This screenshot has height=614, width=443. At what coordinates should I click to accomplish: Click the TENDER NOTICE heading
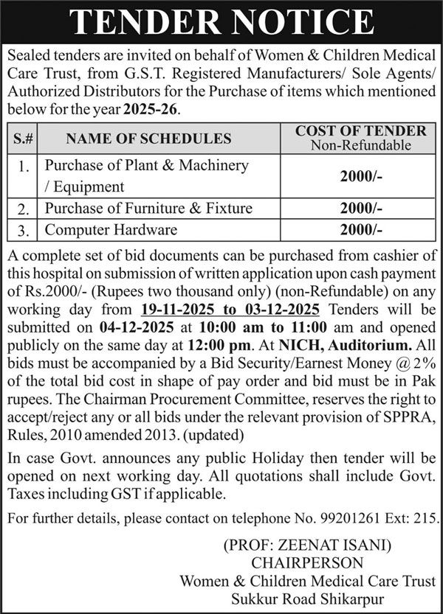[x=221, y=22]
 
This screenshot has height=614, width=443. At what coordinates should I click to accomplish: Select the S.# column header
[x=22, y=138]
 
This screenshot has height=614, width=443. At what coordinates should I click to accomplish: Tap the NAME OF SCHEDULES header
[x=148, y=138]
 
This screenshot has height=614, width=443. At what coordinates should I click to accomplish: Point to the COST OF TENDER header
[x=361, y=131]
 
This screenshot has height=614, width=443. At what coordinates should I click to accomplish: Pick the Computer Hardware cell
[x=111, y=230]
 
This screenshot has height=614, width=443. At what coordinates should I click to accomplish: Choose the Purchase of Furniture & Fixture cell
[x=148, y=209]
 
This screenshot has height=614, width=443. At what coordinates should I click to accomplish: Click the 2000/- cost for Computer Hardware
[x=361, y=230]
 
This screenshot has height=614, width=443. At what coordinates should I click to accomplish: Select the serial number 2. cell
[x=22, y=209]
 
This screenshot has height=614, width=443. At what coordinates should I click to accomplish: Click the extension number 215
[x=425, y=518]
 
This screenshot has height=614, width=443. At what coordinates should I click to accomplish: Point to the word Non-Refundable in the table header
[x=361, y=145]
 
